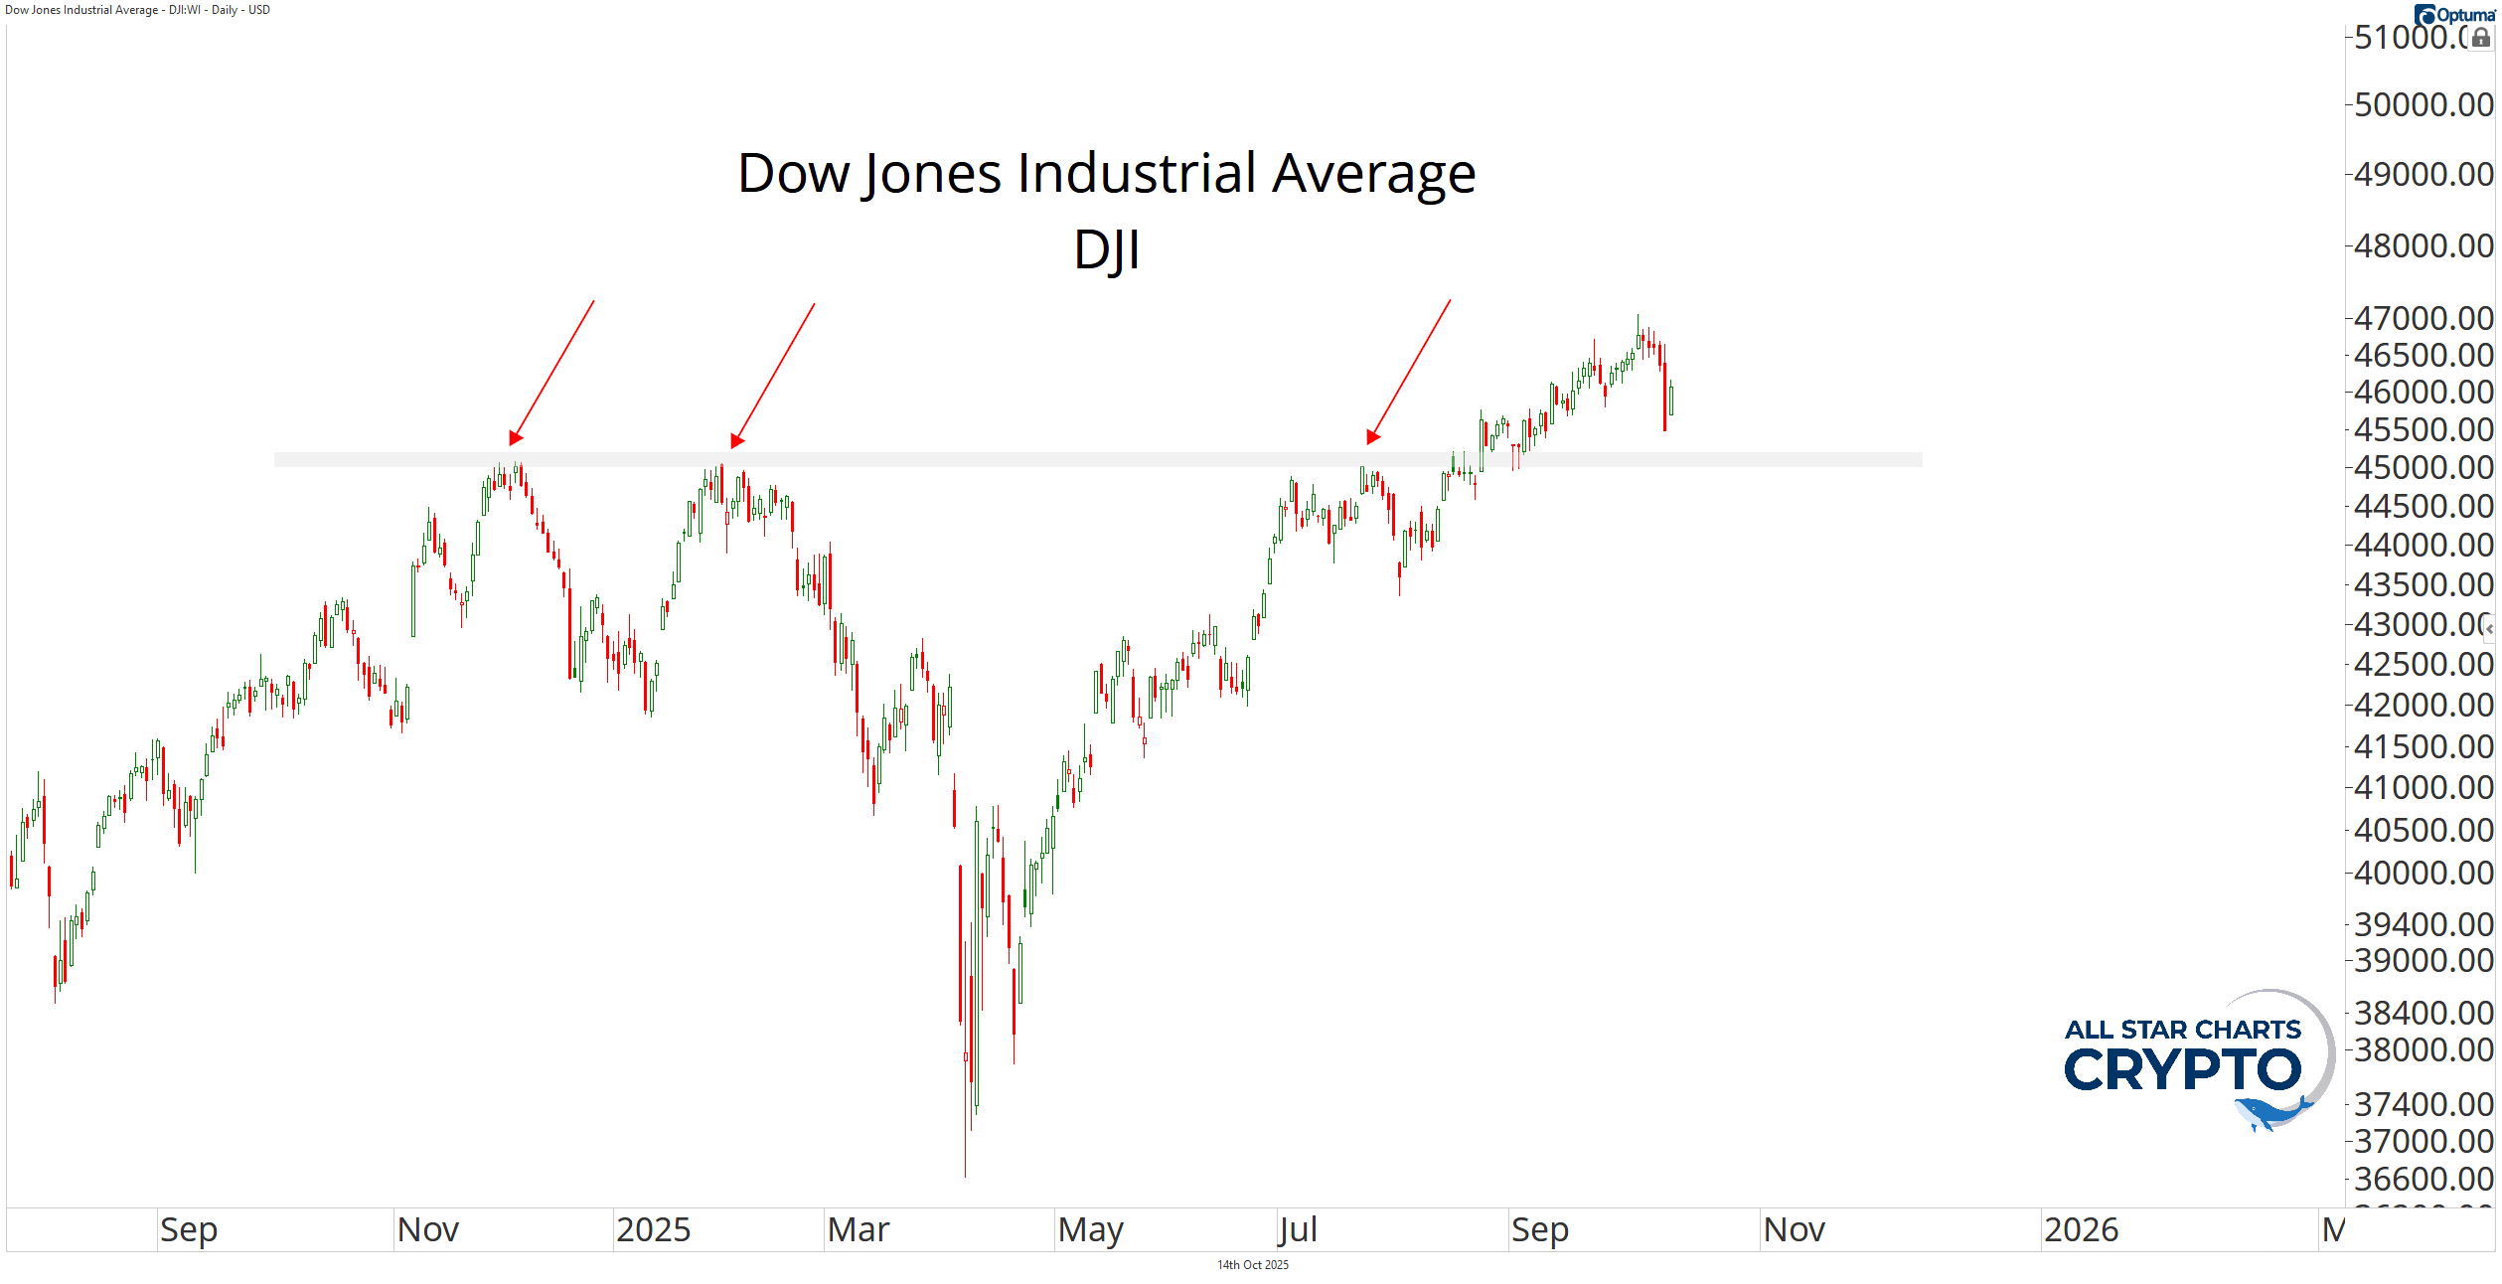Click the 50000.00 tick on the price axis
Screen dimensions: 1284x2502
pyautogui.click(x=2423, y=104)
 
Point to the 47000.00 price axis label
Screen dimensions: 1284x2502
pyautogui.click(x=2423, y=318)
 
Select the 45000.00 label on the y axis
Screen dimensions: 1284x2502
pyautogui.click(x=2423, y=467)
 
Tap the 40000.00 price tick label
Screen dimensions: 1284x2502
pyautogui.click(x=2423, y=873)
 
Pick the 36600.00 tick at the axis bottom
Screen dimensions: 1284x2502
pyautogui.click(x=2423, y=1179)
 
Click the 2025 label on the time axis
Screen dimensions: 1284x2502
pyautogui.click(x=653, y=1230)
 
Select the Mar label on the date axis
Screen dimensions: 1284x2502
pyautogui.click(x=858, y=1230)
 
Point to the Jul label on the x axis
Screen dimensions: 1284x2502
pyautogui.click(x=1298, y=1230)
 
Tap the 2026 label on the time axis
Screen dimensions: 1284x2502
pyautogui.click(x=2081, y=1230)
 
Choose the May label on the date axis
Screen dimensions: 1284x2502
pyautogui.click(x=1090, y=1230)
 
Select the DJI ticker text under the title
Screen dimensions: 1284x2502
pyautogui.click(x=1106, y=249)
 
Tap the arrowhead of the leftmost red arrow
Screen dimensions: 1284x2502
pyautogui.click(x=515, y=438)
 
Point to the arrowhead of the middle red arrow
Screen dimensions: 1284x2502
pyautogui.click(x=736, y=441)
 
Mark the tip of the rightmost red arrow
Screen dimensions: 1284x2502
pyautogui.click(x=1372, y=437)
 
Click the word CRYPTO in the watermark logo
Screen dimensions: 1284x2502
pyautogui.click(x=2182, y=1070)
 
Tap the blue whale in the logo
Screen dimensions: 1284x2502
pyautogui.click(x=2269, y=1113)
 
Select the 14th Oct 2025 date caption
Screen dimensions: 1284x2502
pyautogui.click(x=1252, y=1265)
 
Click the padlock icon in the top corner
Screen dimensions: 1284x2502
pyautogui.click(x=2481, y=38)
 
